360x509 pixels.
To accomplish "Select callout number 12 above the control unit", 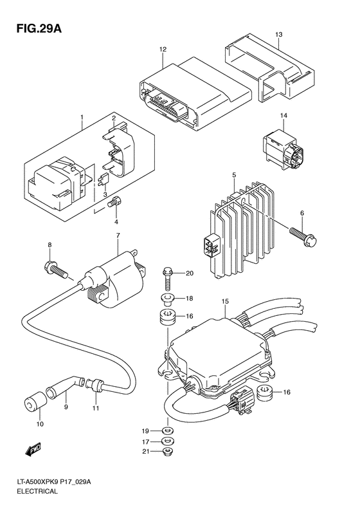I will tap(163, 49).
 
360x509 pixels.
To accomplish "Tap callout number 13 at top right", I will tap(278, 34).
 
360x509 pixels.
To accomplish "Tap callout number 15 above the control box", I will tap(225, 301).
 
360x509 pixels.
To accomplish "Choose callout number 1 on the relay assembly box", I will tap(82, 118).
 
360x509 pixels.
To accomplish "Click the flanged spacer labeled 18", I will tap(167, 299).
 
